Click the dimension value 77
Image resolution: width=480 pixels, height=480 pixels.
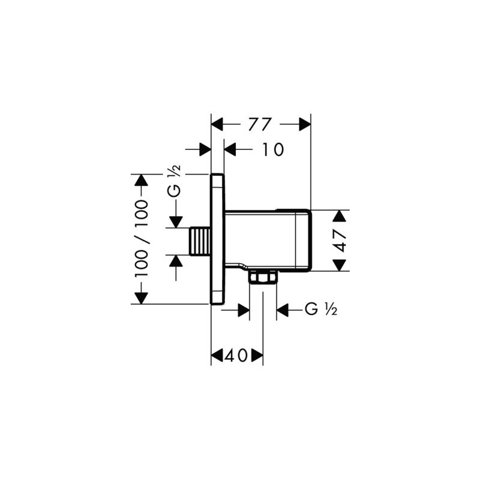click(260, 124)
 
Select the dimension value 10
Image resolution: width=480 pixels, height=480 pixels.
click(272, 149)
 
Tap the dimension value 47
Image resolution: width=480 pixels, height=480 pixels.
click(340, 241)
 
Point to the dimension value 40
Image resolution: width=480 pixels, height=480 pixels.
click(236, 356)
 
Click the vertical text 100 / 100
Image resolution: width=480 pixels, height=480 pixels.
click(141, 239)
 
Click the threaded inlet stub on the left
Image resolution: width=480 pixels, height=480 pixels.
click(200, 241)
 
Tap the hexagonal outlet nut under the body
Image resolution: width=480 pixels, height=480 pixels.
click(263, 277)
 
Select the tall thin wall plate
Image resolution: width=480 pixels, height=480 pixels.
click(217, 239)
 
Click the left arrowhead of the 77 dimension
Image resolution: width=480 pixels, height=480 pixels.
click(217, 124)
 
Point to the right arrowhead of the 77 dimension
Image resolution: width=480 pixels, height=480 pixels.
click(305, 124)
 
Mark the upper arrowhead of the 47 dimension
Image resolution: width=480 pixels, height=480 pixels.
click(340, 216)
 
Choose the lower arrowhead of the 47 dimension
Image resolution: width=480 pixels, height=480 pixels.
click(340, 265)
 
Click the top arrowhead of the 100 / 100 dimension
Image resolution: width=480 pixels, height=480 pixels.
click(141, 181)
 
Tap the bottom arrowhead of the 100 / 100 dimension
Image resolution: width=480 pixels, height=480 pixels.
click(141, 298)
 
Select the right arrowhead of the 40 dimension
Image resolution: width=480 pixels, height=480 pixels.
click(257, 356)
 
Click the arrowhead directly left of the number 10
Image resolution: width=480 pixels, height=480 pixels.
click(230, 149)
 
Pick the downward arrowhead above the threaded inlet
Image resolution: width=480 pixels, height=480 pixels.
click(175, 221)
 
